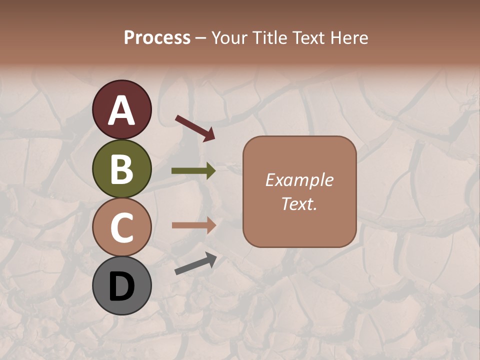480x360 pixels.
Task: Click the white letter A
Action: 121,111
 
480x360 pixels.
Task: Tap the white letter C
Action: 121,227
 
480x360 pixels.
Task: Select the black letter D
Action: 121,287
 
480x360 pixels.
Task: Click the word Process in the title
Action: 157,38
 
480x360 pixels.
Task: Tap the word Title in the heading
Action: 271,38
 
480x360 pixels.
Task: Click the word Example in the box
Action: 299,180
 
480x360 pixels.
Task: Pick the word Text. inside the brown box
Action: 299,203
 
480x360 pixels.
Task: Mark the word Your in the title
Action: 230,38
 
